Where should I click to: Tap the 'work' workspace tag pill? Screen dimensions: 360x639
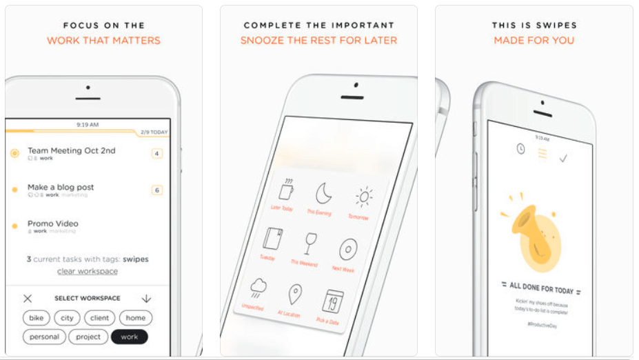pos(129,337)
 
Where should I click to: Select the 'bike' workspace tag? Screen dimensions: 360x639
pos(36,318)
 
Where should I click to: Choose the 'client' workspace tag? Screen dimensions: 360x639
pos(100,318)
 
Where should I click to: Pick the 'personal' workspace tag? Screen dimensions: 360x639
pos(45,337)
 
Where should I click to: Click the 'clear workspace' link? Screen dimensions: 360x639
pos(87,271)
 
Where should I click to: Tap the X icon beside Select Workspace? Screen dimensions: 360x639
pos(28,299)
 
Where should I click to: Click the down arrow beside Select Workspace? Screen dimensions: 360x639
pos(146,299)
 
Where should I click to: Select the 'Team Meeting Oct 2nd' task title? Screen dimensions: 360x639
pos(72,150)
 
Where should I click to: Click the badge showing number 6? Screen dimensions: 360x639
pos(157,190)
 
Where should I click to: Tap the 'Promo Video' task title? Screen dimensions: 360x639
pos(53,223)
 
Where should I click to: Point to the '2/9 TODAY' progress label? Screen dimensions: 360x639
pos(154,132)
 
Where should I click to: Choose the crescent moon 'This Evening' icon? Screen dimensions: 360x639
pos(323,194)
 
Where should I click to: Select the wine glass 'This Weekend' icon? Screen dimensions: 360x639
pos(311,244)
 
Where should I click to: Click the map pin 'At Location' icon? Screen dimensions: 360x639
pos(295,295)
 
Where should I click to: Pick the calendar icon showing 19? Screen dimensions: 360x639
pos(334,301)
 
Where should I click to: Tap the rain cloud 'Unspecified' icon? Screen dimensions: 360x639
pos(259,288)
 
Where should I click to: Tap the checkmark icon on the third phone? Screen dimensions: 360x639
pos(563,159)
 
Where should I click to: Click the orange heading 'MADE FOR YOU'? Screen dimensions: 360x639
pos(534,40)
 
